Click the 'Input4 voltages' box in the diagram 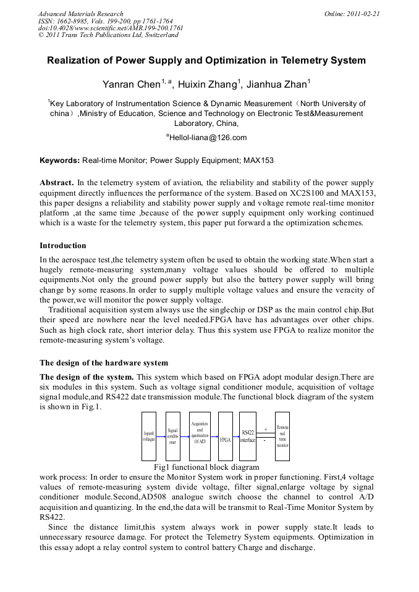[x=149, y=436]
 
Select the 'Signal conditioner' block [x=173, y=436]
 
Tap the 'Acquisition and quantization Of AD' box [x=200, y=436]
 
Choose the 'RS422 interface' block [x=248, y=436]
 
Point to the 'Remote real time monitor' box [x=282, y=436]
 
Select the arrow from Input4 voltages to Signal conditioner [x=161, y=436]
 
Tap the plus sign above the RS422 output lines [x=265, y=428]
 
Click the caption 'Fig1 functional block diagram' [x=206, y=467]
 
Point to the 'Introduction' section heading [x=63, y=246]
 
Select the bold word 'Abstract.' [x=57, y=183]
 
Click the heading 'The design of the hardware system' [x=104, y=362]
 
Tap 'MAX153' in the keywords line [x=259, y=161]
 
